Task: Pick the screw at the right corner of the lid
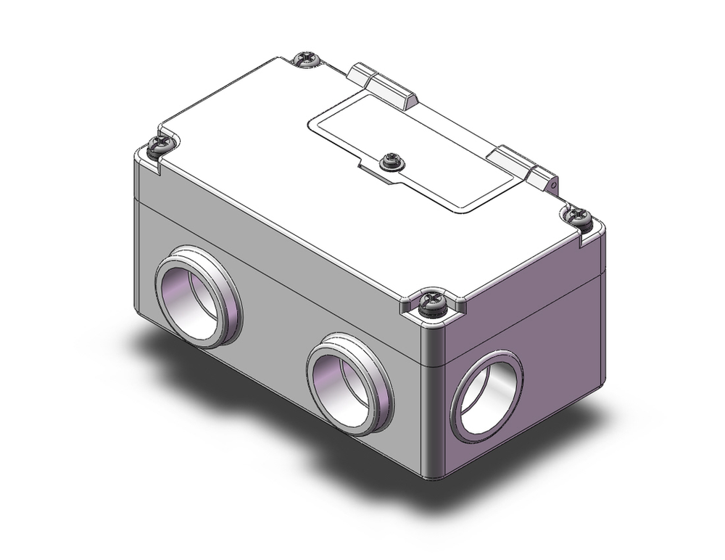click(579, 215)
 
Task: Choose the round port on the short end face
click(486, 398)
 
